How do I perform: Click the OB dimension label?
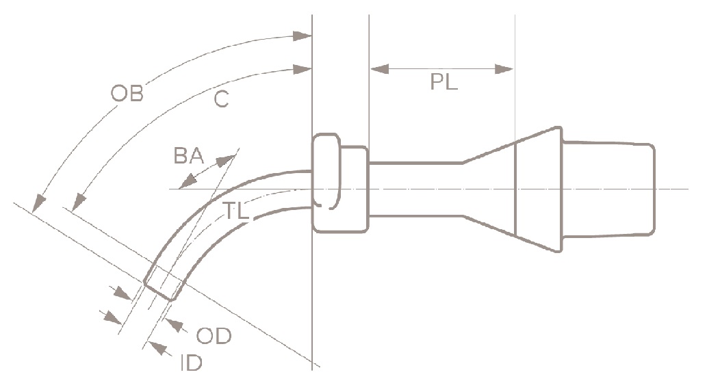pos(127,94)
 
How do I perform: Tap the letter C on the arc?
pos(220,100)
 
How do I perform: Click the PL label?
pos(444,83)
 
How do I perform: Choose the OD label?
pos(214,337)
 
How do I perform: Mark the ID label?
pos(191,363)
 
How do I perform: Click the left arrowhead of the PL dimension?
pos(378,68)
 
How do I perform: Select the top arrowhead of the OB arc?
pos(302,35)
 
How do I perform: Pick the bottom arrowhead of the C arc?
pos(78,202)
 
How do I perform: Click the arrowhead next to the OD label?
pos(175,324)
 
